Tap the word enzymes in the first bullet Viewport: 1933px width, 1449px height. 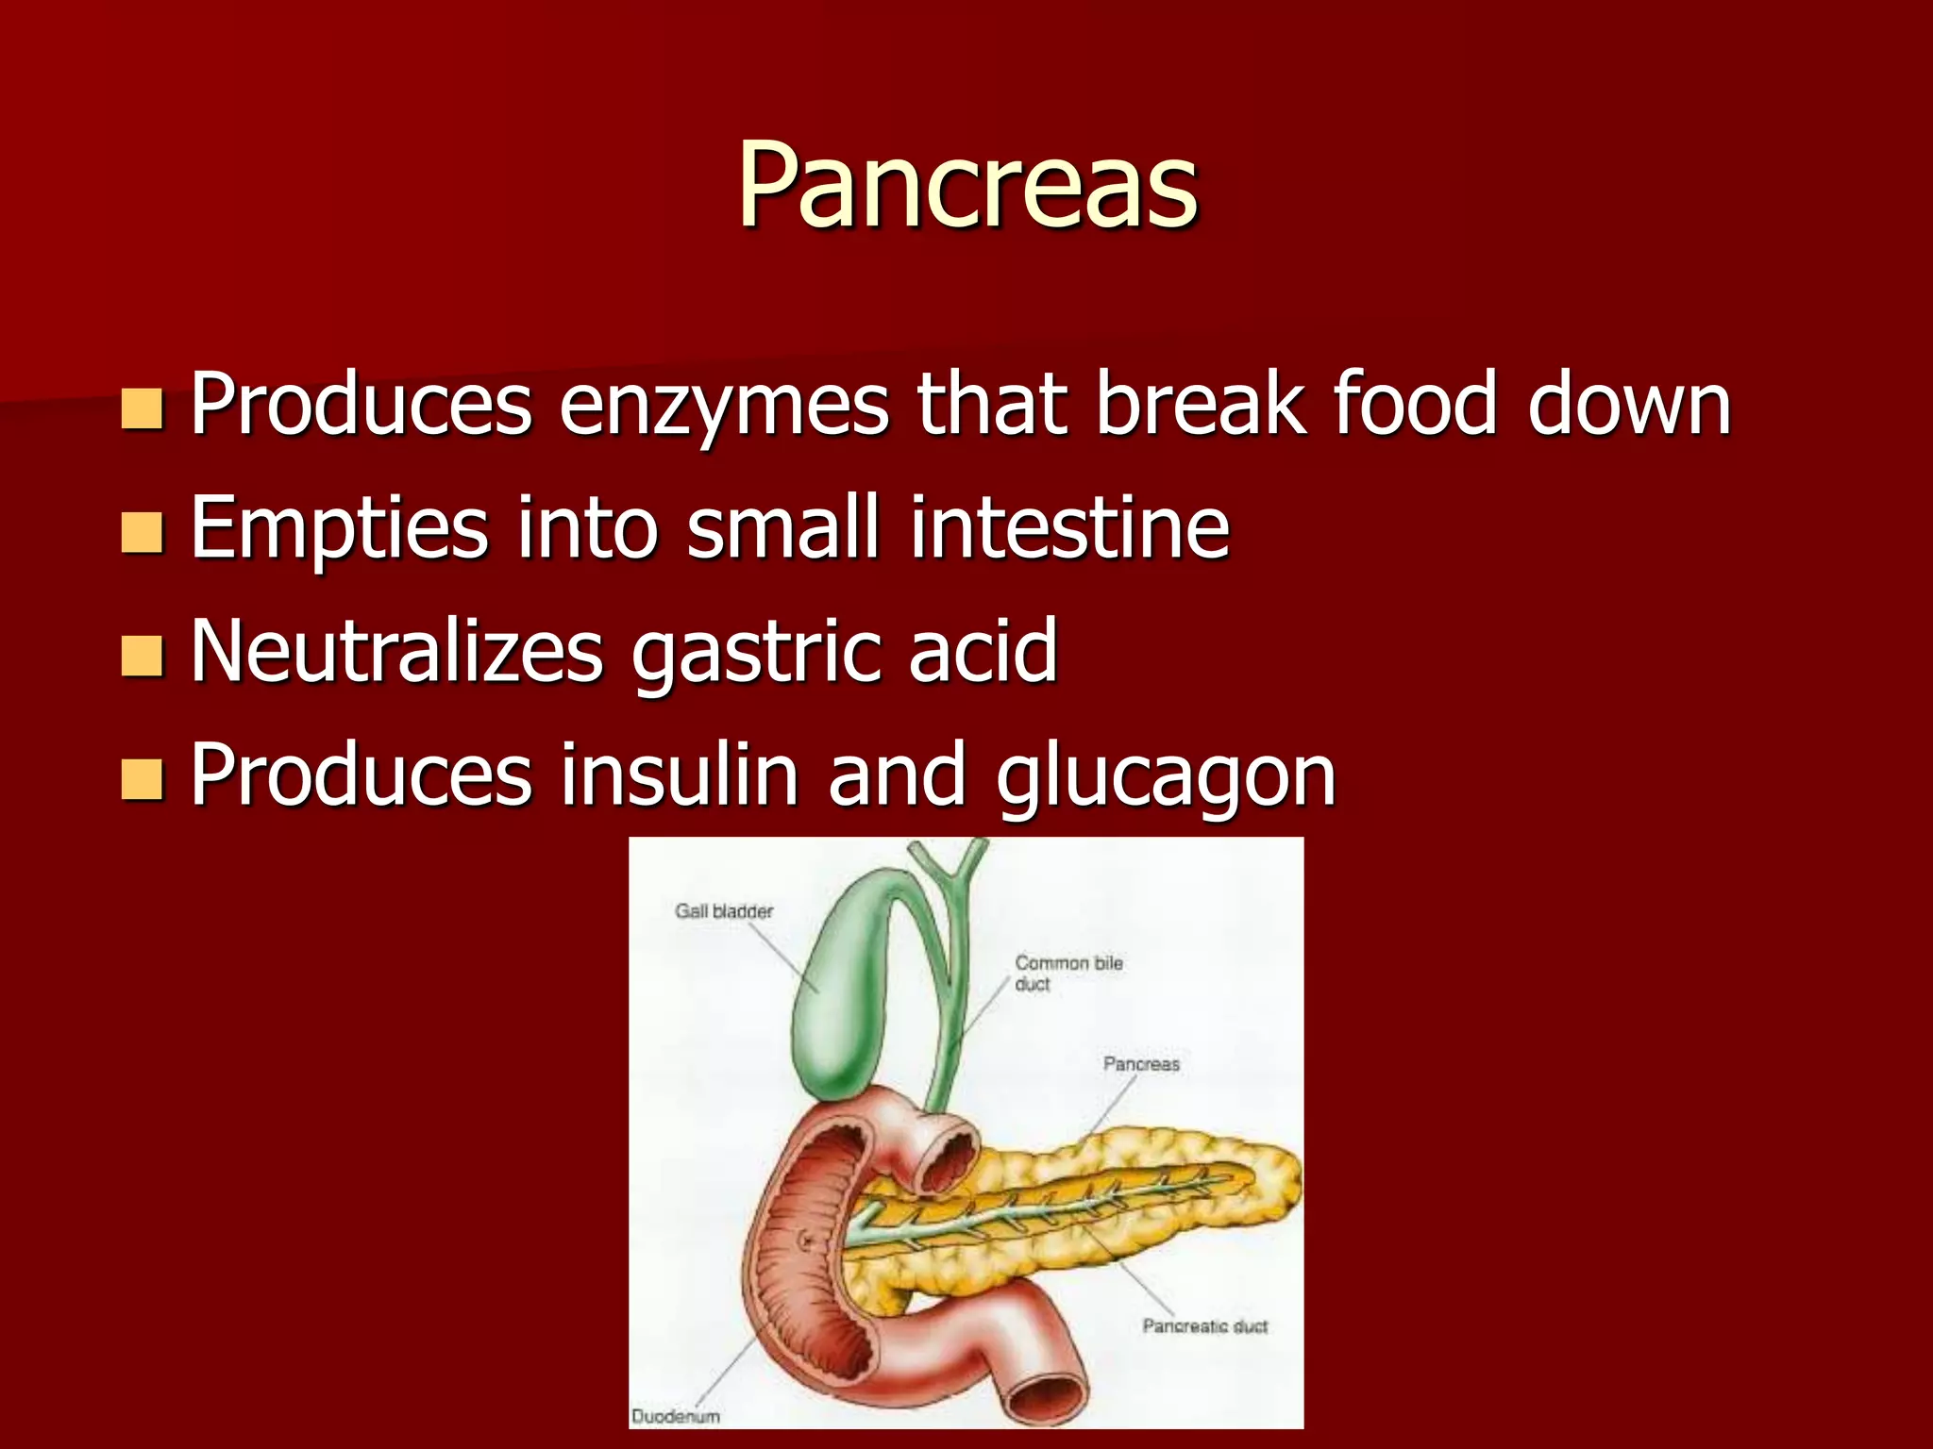pyautogui.click(x=723, y=406)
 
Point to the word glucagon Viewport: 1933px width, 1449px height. pyautogui.click(x=1166, y=776)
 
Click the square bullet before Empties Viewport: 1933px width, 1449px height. pyautogui.click(x=143, y=532)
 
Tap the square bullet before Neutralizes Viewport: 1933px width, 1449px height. pyautogui.click(x=143, y=657)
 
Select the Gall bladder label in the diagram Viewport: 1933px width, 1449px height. pyautogui.click(x=723, y=911)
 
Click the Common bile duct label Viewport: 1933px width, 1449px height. pyautogui.click(x=1068, y=973)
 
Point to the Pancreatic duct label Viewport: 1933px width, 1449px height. pyautogui.click(x=1204, y=1326)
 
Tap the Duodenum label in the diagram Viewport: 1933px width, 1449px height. pyautogui.click(x=675, y=1416)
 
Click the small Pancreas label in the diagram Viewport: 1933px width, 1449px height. pyautogui.click(x=1141, y=1064)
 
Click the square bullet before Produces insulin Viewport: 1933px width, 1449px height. pyautogui.click(x=143, y=780)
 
